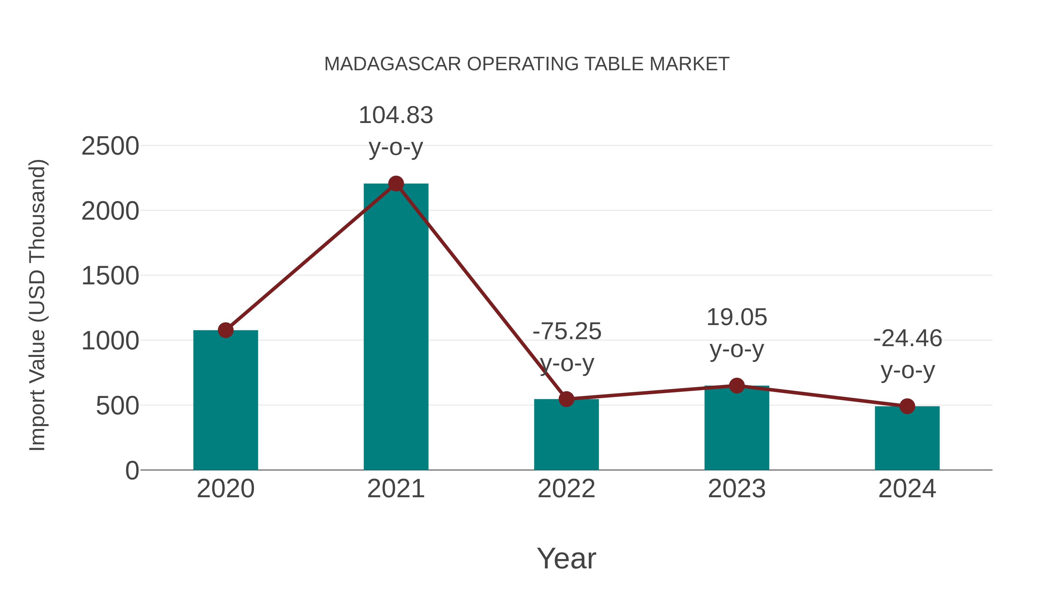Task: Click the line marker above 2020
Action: point(225,330)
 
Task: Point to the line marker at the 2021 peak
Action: point(396,184)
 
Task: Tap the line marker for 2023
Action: point(737,385)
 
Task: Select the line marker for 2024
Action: point(907,406)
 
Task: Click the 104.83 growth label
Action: point(396,115)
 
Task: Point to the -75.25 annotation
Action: point(567,331)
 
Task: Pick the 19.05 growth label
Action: point(737,317)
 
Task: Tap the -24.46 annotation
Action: point(908,339)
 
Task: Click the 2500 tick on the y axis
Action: point(110,146)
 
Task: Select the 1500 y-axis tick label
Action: point(110,276)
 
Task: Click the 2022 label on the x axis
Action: point(566,489)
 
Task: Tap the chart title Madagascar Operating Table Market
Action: point(527,64)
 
